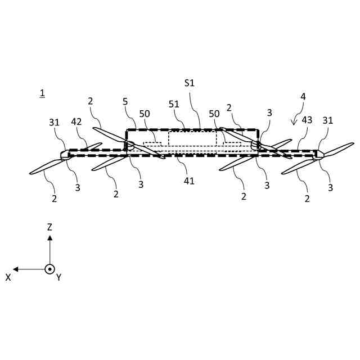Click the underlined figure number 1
click(x=42, y=92)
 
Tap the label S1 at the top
click(x=190, y=83)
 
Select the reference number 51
click(x=174, y=104)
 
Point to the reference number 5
click(x=126, y=102)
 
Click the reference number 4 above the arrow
click(x=303, y=97)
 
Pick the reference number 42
click(x=76, y=121)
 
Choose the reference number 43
click(x=307, y=120)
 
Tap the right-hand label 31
click(x=328, y=120)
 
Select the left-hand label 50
click(x=145, y=114)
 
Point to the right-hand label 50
click(x=214, y=114)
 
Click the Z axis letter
click(x=49, y=227)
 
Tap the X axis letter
click(x=8, y=277)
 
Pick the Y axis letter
click(x=58, y=277)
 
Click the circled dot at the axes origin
click(x=49, y=269)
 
